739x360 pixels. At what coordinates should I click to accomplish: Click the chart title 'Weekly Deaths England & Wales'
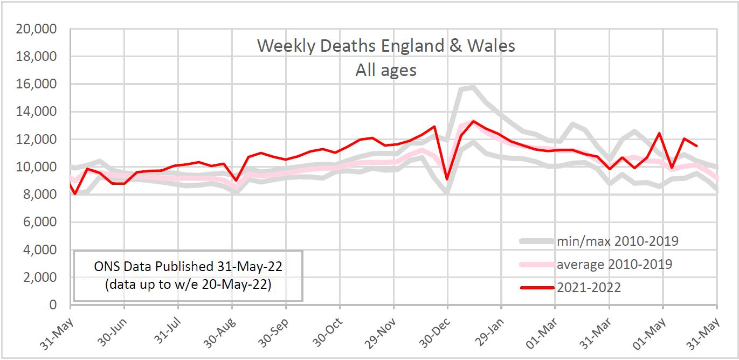(x=386, y=46)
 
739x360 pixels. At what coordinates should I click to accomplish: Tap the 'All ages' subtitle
(x=386, y=70)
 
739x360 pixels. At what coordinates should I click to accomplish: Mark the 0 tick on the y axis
(x=53, y=305)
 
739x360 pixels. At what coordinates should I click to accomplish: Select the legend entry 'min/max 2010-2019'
(x=617, y=241)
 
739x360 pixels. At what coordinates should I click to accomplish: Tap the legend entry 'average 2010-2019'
(x=614, y=264)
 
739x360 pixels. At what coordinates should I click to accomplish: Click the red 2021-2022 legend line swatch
(x=537, y=288)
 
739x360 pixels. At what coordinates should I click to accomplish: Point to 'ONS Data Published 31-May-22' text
(x=188, y=266)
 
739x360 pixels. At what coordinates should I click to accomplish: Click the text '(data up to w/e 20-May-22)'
(x=188, y=285)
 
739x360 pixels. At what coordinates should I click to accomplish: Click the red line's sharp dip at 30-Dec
(x=447, y=178)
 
